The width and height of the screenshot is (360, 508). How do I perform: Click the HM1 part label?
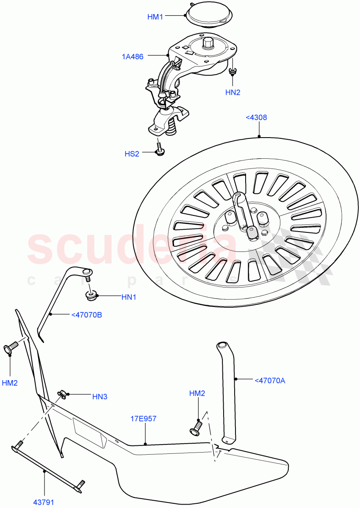[155, 17]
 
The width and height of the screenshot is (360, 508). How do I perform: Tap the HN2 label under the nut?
[233, 91]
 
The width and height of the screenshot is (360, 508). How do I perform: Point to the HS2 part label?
[132, 154]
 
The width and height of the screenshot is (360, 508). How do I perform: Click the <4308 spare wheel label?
[256, 117]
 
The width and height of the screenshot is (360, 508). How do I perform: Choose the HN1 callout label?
[129, 297]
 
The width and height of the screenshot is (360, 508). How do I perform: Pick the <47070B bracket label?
[86, 315]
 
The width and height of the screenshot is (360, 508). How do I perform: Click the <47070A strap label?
[270, 381]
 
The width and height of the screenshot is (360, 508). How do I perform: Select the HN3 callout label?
[100, 397]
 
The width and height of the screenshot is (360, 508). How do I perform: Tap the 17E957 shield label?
[143, 419]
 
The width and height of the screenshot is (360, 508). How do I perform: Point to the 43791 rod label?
[44, 502]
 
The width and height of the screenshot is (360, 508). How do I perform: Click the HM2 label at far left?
[10, 383]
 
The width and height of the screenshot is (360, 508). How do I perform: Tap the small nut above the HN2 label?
[232, 72]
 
